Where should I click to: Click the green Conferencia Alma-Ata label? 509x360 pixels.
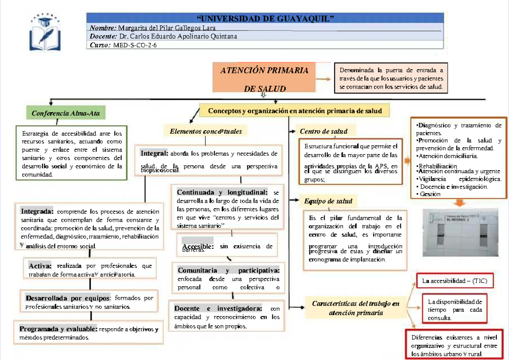click(x=66, y=114)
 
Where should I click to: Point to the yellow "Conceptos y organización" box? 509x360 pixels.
click(x=295, y=111)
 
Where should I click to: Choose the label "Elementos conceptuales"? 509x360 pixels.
click(x=206, y=131)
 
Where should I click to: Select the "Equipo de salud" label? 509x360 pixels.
click(x=328, y=201)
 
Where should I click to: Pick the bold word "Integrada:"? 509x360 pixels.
click(x=37, y=211)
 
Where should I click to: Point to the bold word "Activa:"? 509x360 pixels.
click(x=40, y=266)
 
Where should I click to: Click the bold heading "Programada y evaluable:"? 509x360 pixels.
click(x=59, y=329)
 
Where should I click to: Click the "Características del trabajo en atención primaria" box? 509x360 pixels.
click(x=355, y=308)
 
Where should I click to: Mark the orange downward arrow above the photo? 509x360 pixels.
click(x=459, y=203)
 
